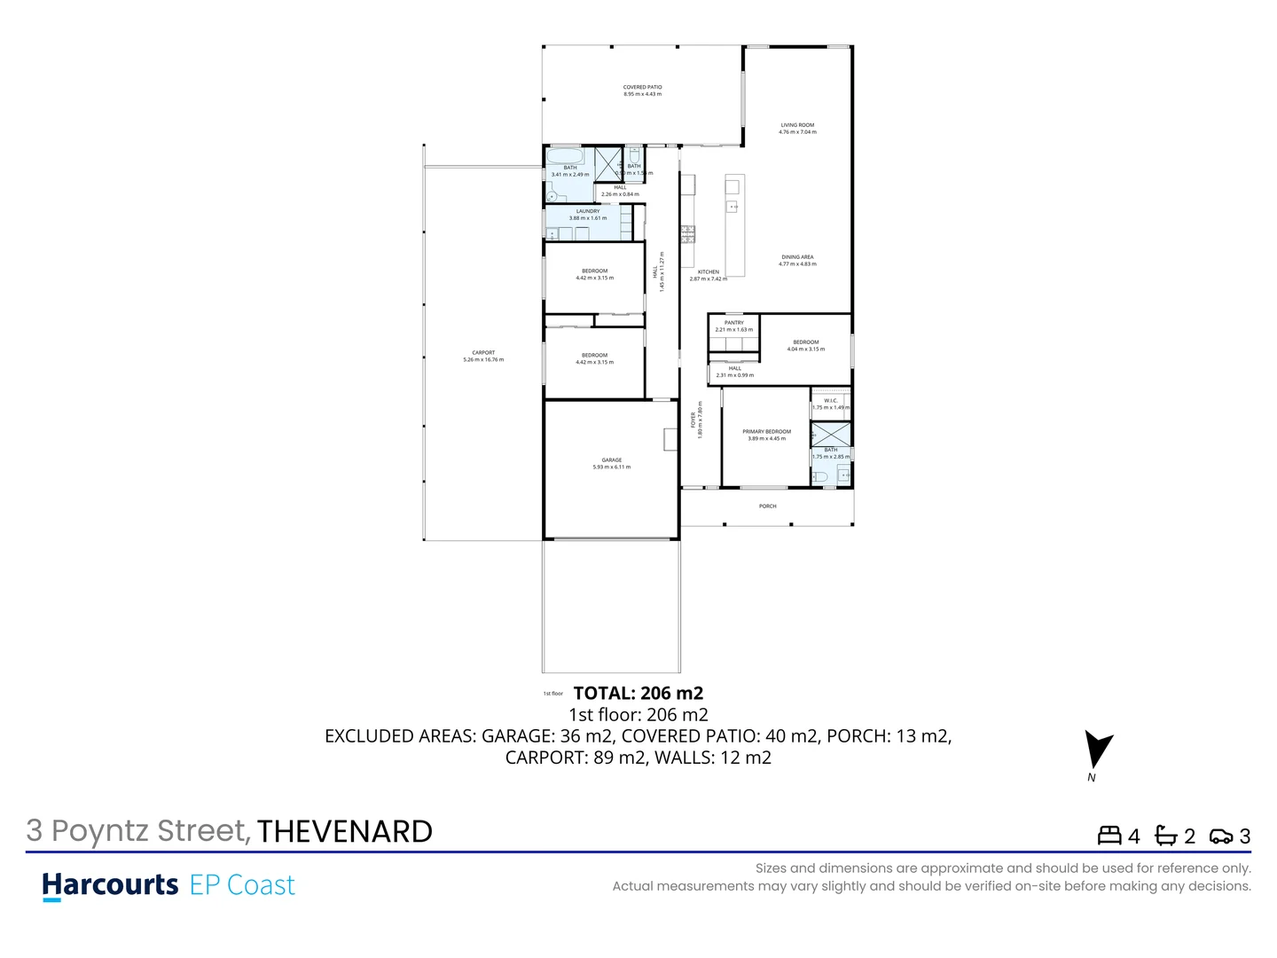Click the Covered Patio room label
tap(642, 88)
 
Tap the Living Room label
tap(797, 125)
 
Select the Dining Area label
tap(797, 257)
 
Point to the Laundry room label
tap(588, 211)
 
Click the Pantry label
tap(734, 323)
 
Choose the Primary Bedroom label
tap(767, 432)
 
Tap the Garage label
tap(612, 460)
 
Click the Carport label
tap(483, 353)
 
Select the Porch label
tap(768, 506)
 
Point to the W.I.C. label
tap(831, 401)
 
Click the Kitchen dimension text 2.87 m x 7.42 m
tap(709, 279)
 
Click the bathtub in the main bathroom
tap(564, 157)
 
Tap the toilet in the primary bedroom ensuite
tap(820, 476)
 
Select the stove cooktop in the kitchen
tap(687, 234)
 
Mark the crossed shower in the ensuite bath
tap(831, 435)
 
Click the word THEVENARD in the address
tap(345, 832)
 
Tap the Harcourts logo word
tap(111, 884)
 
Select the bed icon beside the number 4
tap(1109, 836)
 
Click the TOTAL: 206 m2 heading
tap(638, 694)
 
